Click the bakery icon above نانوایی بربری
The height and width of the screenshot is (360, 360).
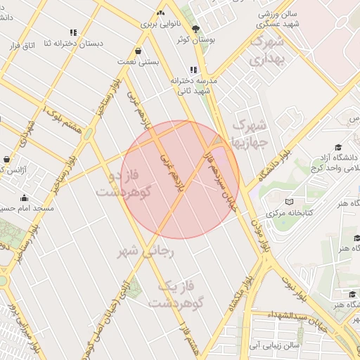tap(161, 13)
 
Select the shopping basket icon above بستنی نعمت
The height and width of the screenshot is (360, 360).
tap(137, 51)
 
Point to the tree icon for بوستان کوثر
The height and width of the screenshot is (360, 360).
tap(195, 29)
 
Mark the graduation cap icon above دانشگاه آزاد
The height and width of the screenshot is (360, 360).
tap(338, 147)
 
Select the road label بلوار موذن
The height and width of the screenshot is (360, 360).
tap(262, 236)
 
